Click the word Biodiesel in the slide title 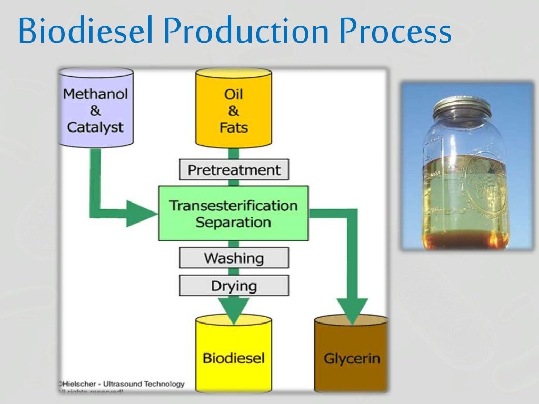(x=87, y=32)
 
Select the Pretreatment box (x=234, y=170)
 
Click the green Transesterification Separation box (x=234, y=213)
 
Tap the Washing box (x=234, y=258)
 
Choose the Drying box (x=234, y=286)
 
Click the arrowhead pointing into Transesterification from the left (x=141, y=214)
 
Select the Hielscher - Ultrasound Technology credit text (x=122, y=384)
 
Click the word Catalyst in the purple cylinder (x=95, y=127)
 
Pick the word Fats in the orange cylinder (x=234, y=127)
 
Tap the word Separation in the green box (x=233, y=222)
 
